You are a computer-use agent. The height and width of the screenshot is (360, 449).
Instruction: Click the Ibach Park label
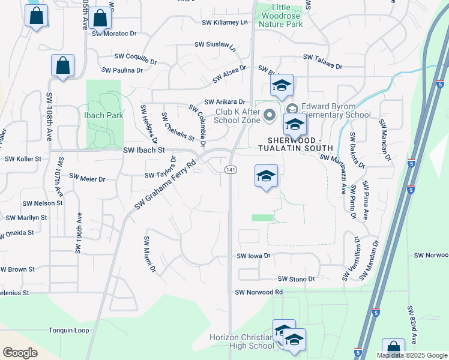[x=103, y=115]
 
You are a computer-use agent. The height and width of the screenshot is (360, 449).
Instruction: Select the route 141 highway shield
[x=231, y=170]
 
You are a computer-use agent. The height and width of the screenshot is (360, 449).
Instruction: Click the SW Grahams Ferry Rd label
[x=165, y=185]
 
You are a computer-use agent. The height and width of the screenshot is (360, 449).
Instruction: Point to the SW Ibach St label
[x=143, y=151]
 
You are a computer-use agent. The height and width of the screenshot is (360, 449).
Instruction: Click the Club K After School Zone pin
[x=270, y=114]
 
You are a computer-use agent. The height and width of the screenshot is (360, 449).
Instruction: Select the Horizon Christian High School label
[x=241, y=341]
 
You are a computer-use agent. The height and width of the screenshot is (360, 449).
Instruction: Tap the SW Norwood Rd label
[x=259, y=292]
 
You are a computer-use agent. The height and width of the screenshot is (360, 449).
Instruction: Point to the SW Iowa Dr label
[x=255, y=256]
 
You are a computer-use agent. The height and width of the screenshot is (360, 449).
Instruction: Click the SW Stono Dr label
[x=296, y=279]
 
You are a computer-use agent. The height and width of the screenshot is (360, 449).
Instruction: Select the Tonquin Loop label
[x=69, y=331]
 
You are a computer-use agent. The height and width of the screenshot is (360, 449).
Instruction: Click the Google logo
[x=20, y=353]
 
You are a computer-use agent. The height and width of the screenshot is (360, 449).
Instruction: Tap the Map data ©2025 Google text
[x=412, y=355]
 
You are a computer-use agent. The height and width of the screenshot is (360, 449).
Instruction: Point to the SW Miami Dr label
[x=149, y=254]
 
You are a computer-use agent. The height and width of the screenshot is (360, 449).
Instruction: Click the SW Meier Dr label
[x=87, y=178]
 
